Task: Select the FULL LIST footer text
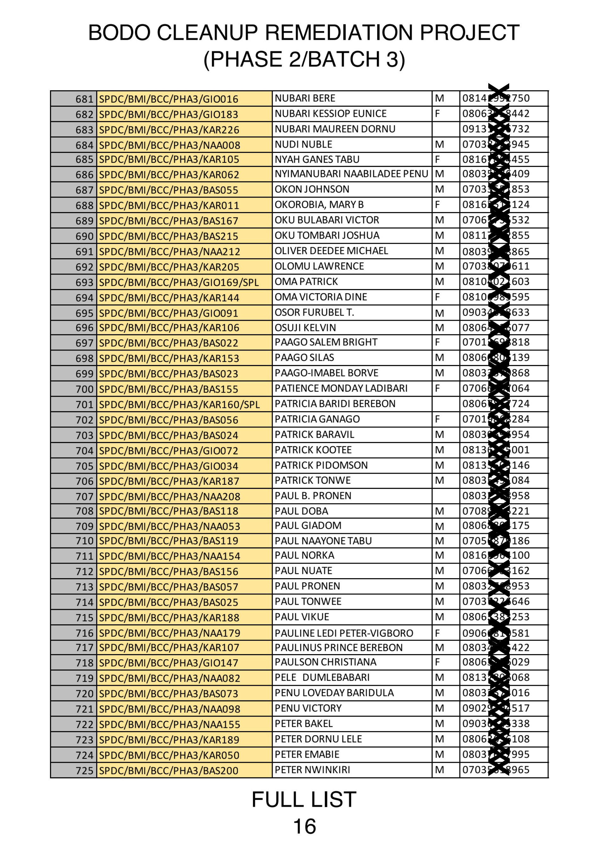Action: pyautogui.click(x=304, y=799)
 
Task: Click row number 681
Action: pyautogui.click(x=84, y=99)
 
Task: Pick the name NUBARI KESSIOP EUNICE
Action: pyautogui.click(x=330, y=113)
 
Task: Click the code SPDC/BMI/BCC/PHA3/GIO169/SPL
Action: pyautogui.click(x=179, y=282)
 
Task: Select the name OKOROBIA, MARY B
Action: pyautogui.click(x=319, y=204)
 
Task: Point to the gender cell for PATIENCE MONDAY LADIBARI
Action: pyautogui.click(x=445, y=388)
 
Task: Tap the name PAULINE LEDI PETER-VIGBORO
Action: pyautogui.click(x=344, y=633)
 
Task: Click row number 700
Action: pyautogui.click(x=84, y=389)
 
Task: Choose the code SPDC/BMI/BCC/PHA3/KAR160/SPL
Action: pyautogui.click(x=179, y=405)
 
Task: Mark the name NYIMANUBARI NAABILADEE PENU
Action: pyautogui.click(x=351, y=174)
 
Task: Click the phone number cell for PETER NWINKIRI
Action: pyautogui.click(x=503, y=770)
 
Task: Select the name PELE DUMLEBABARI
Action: pyautogui.click(x=322, y=678)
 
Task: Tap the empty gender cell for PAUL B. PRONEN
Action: pyautogui.click(x=445, y=496)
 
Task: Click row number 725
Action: pyautogui.click(x=84, y=771)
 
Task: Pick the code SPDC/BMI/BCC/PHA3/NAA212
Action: pyautogui.click(x=169, y=251)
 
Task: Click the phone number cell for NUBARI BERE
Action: pyautogui.click(x=503, y=98)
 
